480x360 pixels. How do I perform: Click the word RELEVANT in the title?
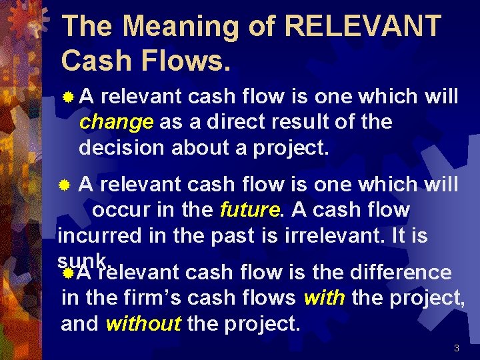[x=362, y=27]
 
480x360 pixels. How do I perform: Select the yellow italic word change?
[x=116, y=123]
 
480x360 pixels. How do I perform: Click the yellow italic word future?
[x=249, y=210]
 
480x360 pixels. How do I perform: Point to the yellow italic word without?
[x=143, y=324]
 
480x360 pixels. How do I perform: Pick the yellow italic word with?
[x=324, y=298]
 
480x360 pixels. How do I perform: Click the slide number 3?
[x=457, y=348]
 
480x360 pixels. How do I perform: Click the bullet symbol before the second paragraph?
[x=65, y=184]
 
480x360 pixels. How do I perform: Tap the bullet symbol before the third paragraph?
[x=67, y=272]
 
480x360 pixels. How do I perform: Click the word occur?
[x=118, y=210]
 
